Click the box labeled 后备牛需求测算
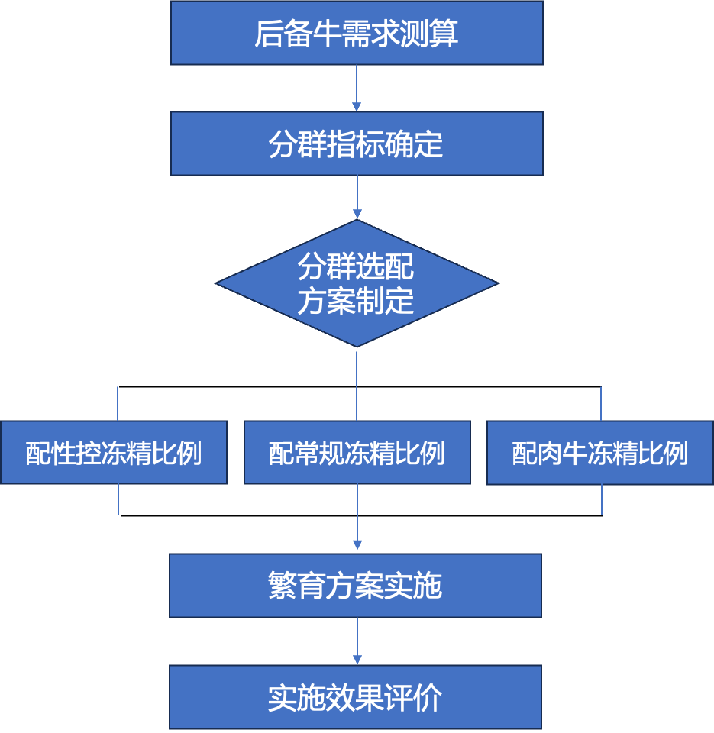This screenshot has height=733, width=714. coord(357,33)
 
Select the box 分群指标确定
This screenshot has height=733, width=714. coord(357,144)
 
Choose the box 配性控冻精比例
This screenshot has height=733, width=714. coord(114,452)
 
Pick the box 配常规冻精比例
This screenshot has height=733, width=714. coord(357,452)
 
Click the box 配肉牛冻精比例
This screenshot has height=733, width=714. coord(600,452)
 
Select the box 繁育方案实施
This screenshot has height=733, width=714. coord(355,586)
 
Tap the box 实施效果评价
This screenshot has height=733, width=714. coord(355,697)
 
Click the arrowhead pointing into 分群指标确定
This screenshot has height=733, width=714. coord(357,106)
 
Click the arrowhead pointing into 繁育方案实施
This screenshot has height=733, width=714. coord(357,545)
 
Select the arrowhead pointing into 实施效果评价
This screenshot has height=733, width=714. coord(357,659)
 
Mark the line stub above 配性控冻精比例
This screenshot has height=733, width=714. coord(118,403)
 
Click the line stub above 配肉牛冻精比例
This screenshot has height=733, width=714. coord(601,403)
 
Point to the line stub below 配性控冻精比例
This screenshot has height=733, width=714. coord(118,499)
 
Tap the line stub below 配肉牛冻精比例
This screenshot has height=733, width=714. coord(602,499)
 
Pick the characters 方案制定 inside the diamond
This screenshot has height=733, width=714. coord(356,302)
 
